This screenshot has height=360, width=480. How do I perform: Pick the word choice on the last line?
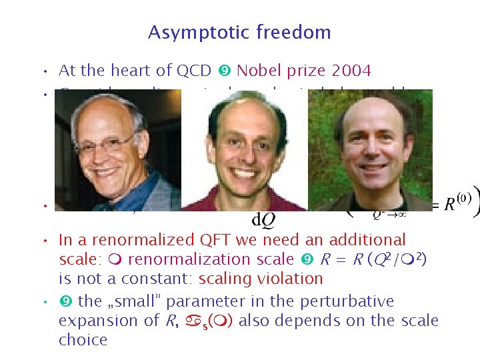(83, 340)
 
